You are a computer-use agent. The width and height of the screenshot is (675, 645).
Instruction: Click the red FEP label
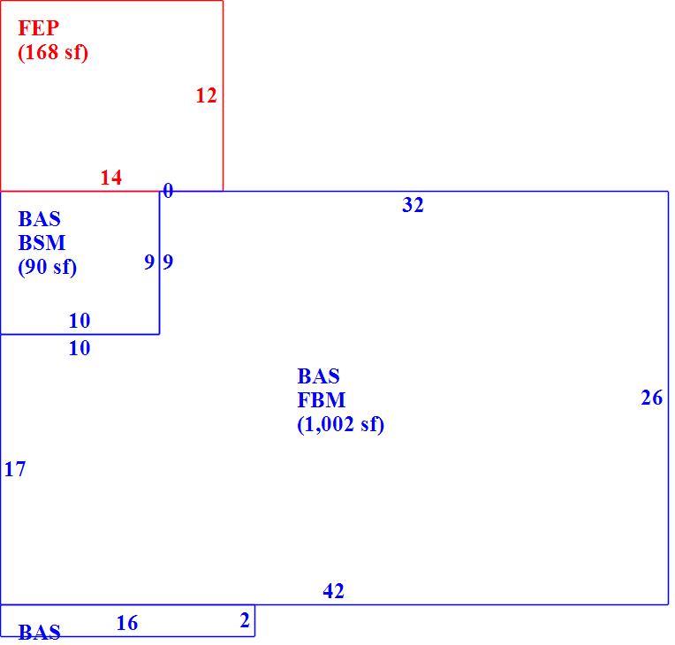(38, 28)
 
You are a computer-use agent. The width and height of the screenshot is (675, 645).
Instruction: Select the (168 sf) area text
(53, 52)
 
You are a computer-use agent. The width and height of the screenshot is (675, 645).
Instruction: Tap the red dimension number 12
(206, 95)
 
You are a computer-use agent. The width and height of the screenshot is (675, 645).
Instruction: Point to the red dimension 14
(111, 177)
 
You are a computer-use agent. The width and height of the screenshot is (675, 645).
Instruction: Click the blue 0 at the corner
(168, 190)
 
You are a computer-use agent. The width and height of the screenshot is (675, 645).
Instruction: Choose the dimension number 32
(413, 204)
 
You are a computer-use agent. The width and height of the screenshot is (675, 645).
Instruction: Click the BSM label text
(42, 243)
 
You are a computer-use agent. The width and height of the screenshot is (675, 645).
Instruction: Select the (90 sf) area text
(48, 267)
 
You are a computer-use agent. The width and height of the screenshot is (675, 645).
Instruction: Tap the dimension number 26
(652, 398)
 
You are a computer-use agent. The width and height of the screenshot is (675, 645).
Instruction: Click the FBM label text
(321, 400)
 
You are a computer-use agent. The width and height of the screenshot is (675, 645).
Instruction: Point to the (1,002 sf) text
(340, 424)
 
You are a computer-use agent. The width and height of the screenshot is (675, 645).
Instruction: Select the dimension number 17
(15, 469)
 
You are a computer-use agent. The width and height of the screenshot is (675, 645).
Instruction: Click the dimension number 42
(334, 591)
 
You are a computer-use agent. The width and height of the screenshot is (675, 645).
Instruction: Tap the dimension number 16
(127, 623)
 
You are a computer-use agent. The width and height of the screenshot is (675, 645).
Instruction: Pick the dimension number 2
(245, 620)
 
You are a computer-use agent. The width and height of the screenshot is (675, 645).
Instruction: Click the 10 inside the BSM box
(80, 321)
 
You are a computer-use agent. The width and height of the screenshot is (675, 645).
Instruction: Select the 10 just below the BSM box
(80, 348)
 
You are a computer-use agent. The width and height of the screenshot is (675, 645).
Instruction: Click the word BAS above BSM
(39, 219)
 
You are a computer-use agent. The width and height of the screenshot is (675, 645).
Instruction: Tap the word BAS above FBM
(318, 376)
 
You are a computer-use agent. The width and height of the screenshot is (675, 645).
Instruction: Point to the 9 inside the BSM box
(149, 262)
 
